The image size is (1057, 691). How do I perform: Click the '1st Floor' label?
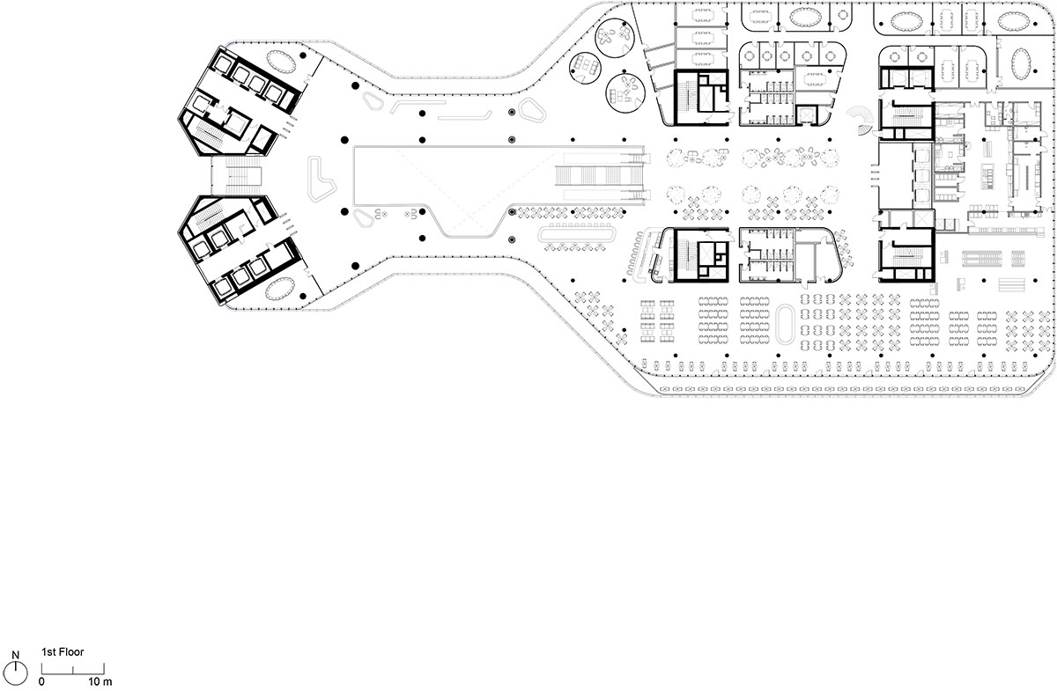(62, 655)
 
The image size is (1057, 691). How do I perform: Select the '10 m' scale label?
(100, 681)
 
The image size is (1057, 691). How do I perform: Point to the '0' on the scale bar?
(41, 681)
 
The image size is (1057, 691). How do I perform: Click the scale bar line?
(70, 672)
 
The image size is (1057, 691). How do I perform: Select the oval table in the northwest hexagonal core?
(281, 62)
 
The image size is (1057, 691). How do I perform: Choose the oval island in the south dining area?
(787, 324)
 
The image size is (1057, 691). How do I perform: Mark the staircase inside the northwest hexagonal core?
(208, 133)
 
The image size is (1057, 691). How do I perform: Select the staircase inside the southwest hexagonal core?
(208, 215)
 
